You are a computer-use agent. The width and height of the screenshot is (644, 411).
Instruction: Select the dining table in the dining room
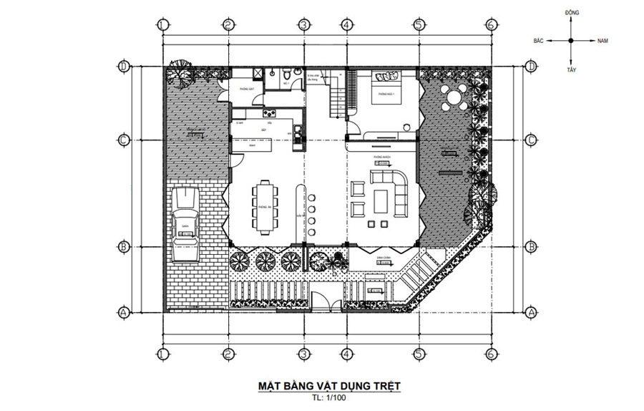pyautogui.click(x=263, y=208)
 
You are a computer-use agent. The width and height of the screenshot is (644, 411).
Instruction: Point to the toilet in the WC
pyautogui.click(x=286, y=74)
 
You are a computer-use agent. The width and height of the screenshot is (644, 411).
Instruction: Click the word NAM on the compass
pyautogui.click(x=602, y=42)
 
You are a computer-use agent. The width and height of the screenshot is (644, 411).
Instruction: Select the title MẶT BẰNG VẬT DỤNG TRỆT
pyautogui.click(x=328, y=386)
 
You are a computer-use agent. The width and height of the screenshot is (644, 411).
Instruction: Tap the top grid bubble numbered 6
pyautogui.click(x=490, y=25)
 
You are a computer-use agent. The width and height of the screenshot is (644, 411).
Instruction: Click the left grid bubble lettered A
pyautogui.click(x=123, y=312)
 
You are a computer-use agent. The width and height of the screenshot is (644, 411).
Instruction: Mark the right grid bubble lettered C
pyautogui.click(x=530, y=140)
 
